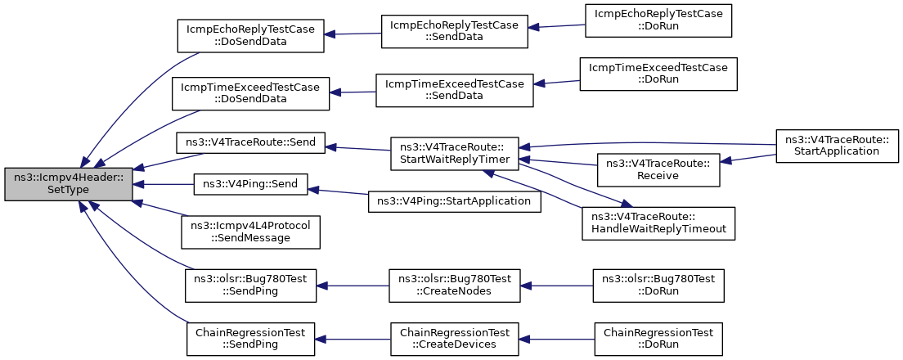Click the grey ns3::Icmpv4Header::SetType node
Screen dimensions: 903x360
pos(69,184)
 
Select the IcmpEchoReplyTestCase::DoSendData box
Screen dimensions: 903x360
pos(250,36)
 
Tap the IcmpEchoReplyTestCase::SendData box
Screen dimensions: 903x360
pos(455,32)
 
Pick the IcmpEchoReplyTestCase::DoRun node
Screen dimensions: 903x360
pos(658,20)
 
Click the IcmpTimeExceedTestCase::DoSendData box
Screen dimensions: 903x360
pos(250,93)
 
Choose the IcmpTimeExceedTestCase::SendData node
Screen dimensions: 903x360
pos(455,90)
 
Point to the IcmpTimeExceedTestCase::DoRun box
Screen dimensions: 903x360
pos(658,73)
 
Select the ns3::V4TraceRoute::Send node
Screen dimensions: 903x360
pos(250,142)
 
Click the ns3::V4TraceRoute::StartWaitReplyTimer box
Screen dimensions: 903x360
pos(455,153)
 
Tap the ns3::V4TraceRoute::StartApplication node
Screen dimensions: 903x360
pos(838,146)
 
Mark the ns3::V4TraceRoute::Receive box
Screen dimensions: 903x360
pos(658,170)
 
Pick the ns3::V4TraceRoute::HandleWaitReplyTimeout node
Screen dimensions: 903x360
pos(658,223)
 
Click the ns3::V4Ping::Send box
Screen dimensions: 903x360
pos(250,184)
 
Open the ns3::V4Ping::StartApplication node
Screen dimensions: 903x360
pos(455,201)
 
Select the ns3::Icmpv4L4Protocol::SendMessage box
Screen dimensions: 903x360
pos(250,232)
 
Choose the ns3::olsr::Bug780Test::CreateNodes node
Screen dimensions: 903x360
pos(455,286)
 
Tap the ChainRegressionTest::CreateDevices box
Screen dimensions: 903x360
pos(455,340)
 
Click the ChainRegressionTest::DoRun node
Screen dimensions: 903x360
pos(658,340)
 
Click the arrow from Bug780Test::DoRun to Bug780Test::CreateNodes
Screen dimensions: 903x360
pos(557,286)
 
